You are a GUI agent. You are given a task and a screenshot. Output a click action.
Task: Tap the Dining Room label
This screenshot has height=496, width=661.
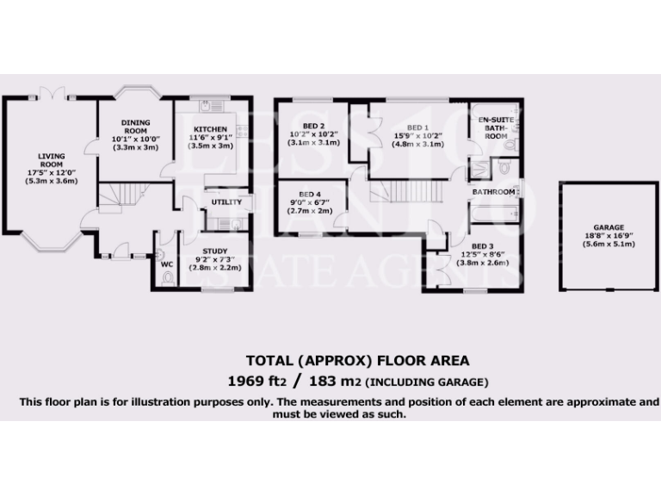coord(136,127)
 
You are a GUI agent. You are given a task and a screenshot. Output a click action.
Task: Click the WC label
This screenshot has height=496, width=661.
coord(167,264)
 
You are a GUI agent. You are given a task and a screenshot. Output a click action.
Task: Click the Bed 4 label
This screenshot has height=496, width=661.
coord(311,195)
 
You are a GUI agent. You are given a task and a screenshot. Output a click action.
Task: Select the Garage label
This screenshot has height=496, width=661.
coord(608,227)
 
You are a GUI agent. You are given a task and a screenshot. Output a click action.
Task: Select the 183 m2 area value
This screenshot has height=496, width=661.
coord(329,381)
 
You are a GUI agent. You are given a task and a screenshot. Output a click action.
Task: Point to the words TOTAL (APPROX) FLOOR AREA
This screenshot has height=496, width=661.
coord(358,360)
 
